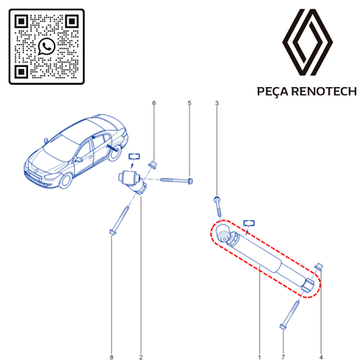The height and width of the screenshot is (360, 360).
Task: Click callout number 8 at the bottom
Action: point(112,337)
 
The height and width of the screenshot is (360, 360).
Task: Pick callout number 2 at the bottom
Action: point(140,337)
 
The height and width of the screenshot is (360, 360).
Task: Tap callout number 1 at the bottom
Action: point(259,337)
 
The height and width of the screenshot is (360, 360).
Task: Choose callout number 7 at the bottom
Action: point(283,337)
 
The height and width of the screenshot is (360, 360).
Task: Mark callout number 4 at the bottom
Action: point(320,337)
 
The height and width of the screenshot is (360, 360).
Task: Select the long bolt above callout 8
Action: point(120,219)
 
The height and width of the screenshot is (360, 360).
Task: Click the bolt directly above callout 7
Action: point(289,314)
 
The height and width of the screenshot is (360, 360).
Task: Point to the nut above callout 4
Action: point(320,269)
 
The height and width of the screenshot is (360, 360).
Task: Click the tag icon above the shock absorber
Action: point(249,224)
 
